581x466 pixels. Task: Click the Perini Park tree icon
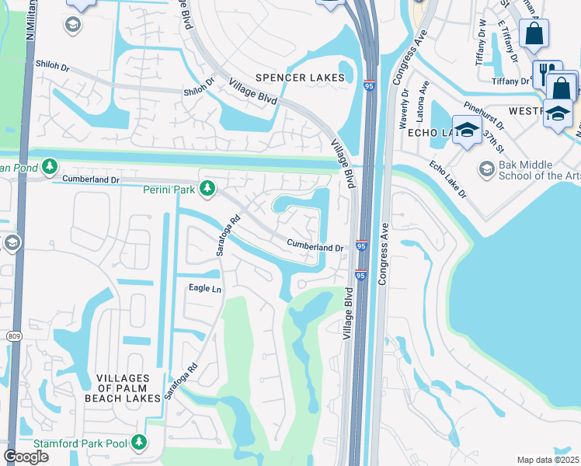coord(207,187)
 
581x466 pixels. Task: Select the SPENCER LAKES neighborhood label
coord(299,78)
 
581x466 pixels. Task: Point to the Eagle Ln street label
coord(205,289)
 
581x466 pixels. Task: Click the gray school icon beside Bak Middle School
coord(486,169)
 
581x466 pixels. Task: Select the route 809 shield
coord(13,336)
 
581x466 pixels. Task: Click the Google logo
coord(26,457)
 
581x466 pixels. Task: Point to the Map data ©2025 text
coord(548,460)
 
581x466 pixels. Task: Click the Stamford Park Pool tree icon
coord(139,442)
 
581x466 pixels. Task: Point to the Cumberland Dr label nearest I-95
coord(315,246)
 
